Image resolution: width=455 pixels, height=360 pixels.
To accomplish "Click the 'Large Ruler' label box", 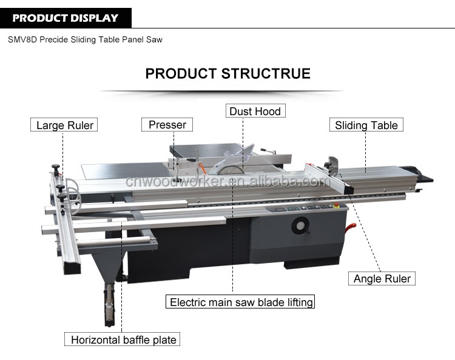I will pos(64,125).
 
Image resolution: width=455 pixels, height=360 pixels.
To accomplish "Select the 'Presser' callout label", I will pos(167,125).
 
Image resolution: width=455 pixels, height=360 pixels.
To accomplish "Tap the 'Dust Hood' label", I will pos(255,111).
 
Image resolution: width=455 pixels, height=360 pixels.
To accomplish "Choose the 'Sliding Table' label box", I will pos(366,125).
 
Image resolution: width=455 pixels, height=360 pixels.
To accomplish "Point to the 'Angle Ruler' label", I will pos(382,279).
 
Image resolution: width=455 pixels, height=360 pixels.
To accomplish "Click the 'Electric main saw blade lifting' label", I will pos(241,302).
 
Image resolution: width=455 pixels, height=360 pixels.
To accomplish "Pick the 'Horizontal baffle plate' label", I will pos(123,339).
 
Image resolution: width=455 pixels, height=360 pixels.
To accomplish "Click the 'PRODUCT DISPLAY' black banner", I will pos(66,18).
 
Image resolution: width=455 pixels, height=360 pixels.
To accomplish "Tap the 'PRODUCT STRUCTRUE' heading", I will pos(227,74).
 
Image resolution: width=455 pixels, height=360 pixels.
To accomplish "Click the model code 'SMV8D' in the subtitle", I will pos(22,40).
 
